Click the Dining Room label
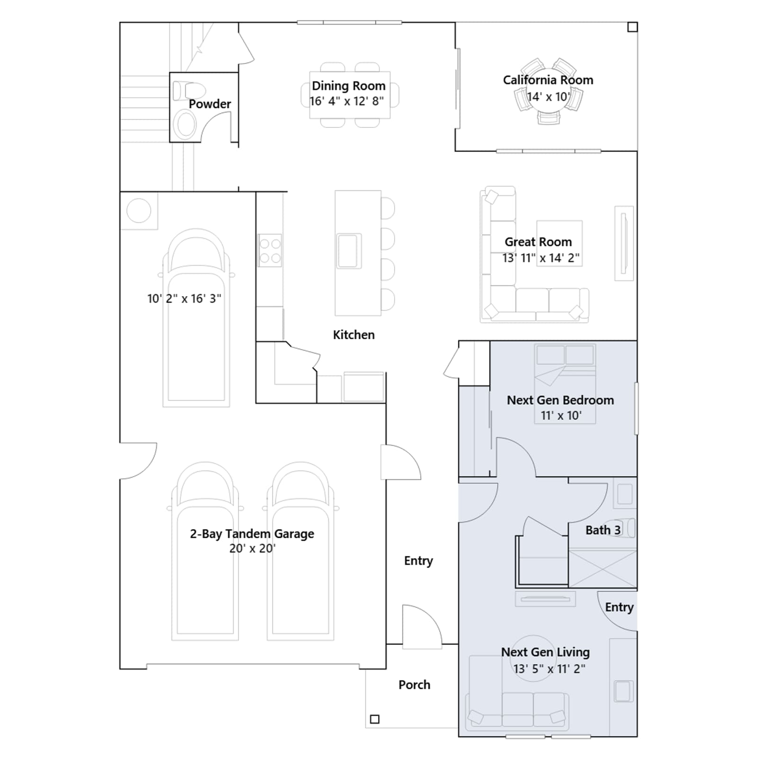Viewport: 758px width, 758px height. click(349, 86)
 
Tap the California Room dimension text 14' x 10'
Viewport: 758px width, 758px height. click(549, 97)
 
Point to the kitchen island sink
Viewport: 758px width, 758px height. click(349, 251)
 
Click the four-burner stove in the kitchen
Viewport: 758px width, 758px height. click(270, 250)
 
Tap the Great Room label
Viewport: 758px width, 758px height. click(538, 242)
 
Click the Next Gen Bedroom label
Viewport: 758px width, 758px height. click(560, 400)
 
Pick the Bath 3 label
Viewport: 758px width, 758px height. click(603, 530)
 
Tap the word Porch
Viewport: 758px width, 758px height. click(415, 685)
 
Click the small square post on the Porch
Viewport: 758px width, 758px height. click(375, 719)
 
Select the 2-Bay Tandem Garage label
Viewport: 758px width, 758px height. click(252, 533)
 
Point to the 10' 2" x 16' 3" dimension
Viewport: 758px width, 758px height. click(184, 298)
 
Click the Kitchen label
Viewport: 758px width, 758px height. click(354, 334)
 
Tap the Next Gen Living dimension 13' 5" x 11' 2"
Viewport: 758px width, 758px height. click(550, 668)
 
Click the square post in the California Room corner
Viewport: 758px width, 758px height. click(632, 27)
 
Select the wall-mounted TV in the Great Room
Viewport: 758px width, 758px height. click(624, 243)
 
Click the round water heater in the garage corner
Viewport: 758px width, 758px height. click(139, 210)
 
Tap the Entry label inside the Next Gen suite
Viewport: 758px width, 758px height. click(619, 607)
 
